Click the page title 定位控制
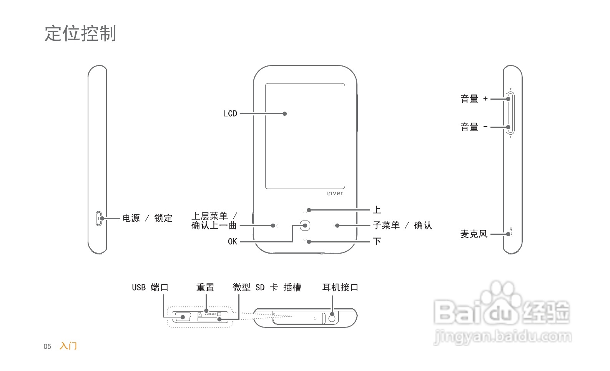click(80, 33)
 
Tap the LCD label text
click(230, 114)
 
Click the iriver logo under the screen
click(334, 193)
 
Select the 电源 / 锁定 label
click(147, 218)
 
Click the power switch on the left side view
click(99, 218)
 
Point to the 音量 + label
click(474, 99)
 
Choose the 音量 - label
click(474, 127)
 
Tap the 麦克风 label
click(474, 234)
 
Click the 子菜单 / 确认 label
click(402, 226)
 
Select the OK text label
click(232, 242)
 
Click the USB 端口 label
click(150, 287)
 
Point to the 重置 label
click(205, 287)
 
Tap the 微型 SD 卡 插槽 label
click(267, 287)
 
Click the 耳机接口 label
click(340, 287)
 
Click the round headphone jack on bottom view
click(332, 318)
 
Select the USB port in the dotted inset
click(181, 317)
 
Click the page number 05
click(47, 346)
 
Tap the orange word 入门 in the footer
click(68, 346)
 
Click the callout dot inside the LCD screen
click(285, 114)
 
